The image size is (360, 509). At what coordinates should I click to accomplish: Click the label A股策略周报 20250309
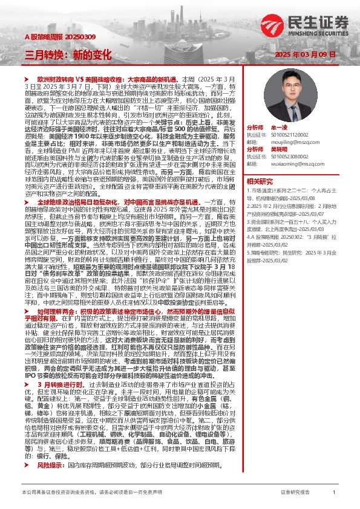[51, 36]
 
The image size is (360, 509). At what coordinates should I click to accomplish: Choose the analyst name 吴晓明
[278, 148]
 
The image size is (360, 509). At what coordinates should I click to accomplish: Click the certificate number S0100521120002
[293, 135]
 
